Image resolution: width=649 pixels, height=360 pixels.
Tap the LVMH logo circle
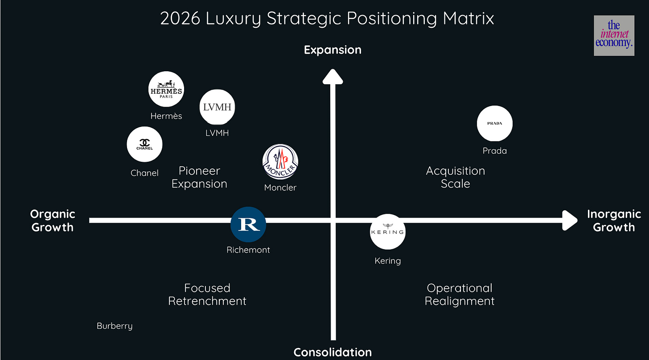pos(217,107)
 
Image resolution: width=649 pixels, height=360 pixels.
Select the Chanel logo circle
pos(144,144)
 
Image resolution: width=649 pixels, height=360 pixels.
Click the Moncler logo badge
pos(280,162)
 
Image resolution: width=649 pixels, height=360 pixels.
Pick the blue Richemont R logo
pos(248,224)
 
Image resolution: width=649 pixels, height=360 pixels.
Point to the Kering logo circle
pos(387,231)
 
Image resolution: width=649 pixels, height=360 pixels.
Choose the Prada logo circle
pos(494,123)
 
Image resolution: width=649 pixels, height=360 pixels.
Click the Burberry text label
pos(115,326)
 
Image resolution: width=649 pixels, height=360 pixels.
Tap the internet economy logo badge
pos(614,36)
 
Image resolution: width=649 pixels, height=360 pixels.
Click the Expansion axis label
pos(333,50)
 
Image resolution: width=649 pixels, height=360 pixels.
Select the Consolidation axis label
pos(333,352)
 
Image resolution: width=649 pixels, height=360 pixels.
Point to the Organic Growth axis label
pos(53,221)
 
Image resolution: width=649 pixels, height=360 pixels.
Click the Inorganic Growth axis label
pos(614,221)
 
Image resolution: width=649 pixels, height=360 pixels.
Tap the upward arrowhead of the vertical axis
pos(333,76)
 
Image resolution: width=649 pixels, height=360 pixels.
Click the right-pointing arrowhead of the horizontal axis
pos(569,220)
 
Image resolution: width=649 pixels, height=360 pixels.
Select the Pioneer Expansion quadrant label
pos(199,177)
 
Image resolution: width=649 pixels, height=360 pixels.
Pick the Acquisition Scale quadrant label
pos(456,177)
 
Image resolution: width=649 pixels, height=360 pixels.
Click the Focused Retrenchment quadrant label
pos(207,295)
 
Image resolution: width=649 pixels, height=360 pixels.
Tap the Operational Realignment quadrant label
pos(460,295)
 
